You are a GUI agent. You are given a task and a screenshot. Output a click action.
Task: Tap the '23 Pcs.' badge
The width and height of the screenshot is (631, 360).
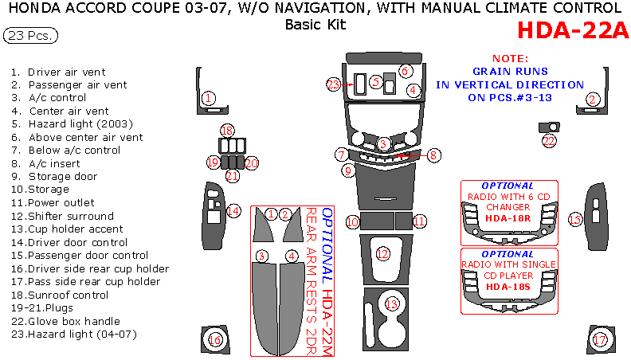tap(29, 36)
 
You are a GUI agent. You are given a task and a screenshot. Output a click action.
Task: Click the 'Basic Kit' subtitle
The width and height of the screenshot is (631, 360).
tap(315, 24)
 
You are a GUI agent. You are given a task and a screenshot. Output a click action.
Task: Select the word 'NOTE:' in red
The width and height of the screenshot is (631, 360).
tap(510, 59)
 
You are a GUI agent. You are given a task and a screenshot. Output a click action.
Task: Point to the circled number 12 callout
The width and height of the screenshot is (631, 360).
tap(383, 254)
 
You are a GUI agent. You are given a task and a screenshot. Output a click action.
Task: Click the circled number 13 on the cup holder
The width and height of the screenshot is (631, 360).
tap(390, 303)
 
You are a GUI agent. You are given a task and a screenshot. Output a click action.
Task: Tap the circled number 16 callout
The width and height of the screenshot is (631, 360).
tap(214, 340)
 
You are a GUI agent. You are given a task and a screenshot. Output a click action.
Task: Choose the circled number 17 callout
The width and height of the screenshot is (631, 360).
tap(600, 340)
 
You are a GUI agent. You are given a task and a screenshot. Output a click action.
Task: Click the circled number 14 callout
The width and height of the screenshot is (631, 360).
tap(233, 211)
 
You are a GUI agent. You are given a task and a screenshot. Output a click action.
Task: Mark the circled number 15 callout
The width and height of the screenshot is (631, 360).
tap(574, 218)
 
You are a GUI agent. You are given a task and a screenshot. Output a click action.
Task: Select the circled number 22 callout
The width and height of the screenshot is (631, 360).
tap(549, 141)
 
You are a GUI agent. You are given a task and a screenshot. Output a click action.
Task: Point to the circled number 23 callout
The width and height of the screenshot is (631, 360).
tap(334, 83)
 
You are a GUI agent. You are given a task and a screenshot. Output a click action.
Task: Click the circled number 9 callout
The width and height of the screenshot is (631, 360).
tap(347, 170)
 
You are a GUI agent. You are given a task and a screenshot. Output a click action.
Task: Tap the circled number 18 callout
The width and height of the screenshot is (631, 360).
tap(228, 131)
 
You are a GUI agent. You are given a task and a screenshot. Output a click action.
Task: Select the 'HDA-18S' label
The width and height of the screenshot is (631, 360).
tap(508, 287)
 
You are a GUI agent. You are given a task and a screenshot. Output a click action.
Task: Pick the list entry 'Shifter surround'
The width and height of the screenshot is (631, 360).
tap(70, 216)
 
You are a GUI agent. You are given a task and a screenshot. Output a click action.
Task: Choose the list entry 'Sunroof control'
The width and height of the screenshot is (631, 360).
tap(68, 295)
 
